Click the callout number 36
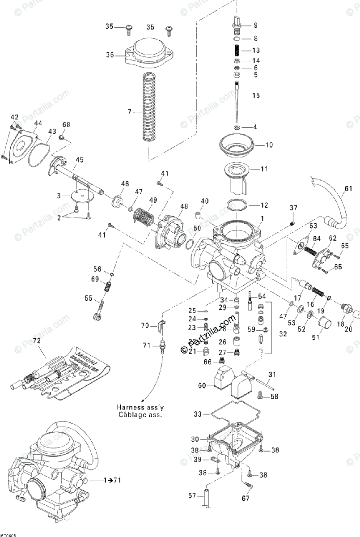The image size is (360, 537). coord(110,55)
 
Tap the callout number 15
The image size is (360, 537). coord(256,96)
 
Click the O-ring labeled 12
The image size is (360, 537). coord(237,205)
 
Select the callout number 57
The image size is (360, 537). coord(192,495)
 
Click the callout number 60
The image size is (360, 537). coord(202,385)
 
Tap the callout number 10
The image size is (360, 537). coord(268,145)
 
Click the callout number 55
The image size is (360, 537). coord(89,298)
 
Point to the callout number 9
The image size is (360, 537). coord(256,25)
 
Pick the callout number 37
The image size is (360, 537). coord(293,208)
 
